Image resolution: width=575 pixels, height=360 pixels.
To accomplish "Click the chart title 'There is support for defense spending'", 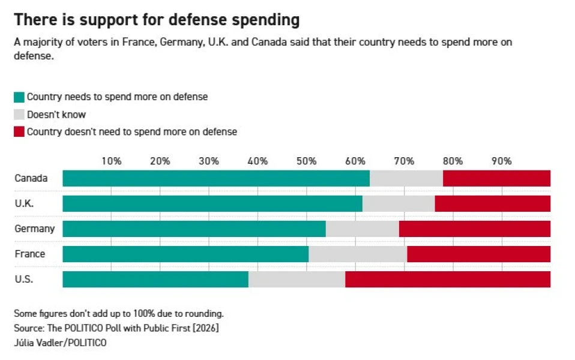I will tap(157, 20).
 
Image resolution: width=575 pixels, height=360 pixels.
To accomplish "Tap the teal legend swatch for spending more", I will tap(19, 97).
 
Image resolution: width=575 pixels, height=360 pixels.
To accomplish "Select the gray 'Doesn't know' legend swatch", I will tap(19, 115).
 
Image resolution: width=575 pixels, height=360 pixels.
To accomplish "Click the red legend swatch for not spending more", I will tap(19, 132).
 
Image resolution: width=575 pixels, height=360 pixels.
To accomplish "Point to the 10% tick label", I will tap(111, 161).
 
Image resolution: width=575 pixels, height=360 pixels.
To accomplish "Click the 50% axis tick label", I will tap(306, 161).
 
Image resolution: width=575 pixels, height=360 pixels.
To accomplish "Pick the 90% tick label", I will tap(501, 161).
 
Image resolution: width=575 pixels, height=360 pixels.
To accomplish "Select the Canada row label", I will tap(31, 178).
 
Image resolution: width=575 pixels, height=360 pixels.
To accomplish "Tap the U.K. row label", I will tap(25, 203).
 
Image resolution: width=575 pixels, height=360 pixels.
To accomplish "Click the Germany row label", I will tap(34, 229).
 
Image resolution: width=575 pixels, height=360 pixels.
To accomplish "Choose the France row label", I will tap(30, 254).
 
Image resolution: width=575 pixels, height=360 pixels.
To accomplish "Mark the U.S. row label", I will tap(24, 279).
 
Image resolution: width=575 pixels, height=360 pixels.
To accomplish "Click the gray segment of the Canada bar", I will tap(406, 178).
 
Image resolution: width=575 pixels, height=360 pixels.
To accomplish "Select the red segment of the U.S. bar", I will tap(447, 279).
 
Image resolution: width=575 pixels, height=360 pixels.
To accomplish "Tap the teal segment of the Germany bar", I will tap(194, 229).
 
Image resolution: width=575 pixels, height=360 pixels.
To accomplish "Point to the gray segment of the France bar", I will tap(358, 254).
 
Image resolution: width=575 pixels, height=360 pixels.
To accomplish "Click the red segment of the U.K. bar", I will tap(492, 203).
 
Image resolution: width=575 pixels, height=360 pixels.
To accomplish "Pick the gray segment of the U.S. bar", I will tap(297, 279).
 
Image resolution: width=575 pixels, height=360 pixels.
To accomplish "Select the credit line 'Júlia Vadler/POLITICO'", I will tap(60, 343).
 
